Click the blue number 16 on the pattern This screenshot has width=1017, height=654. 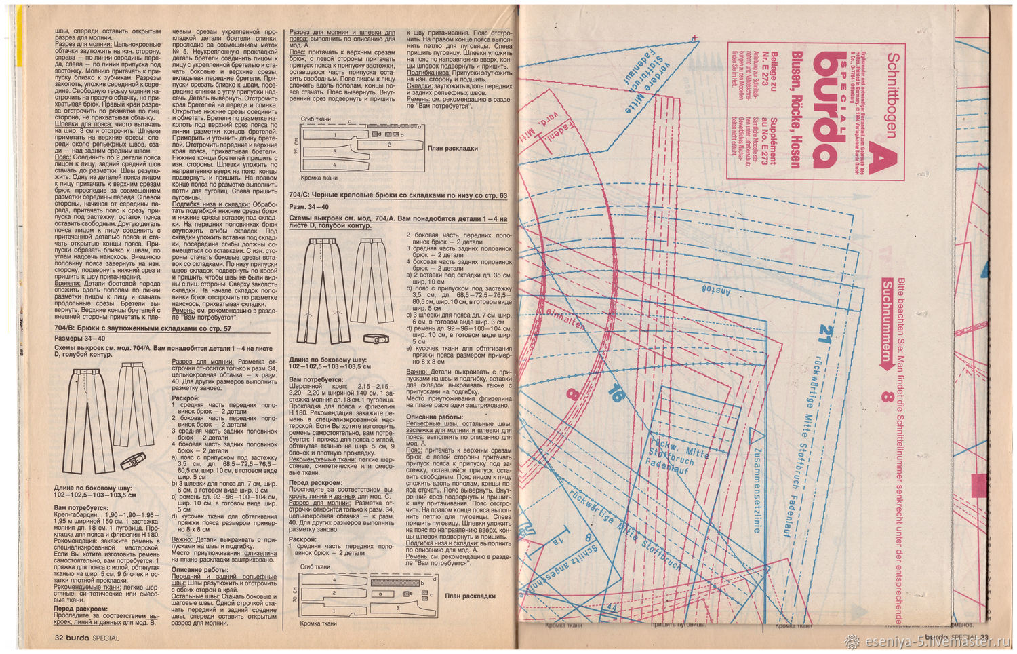pyautogui.click(x=615, y=393)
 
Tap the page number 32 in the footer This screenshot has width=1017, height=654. pyautogui.click(x=59, y=638)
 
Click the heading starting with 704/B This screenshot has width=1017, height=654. pyautogui.click(x=142, y=329)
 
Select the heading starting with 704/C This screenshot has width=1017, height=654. pyautogui.click(x=398, y=195)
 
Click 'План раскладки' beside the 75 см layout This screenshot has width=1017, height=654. pyautogui.click(x=452, y=148)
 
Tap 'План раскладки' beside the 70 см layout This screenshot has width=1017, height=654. pyautogui.click(x=470, y=596)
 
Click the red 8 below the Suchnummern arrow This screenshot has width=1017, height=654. pyautogui.click(x=885, y=396)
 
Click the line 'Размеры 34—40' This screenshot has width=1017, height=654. pyautogui.click(x=79, y=338)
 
